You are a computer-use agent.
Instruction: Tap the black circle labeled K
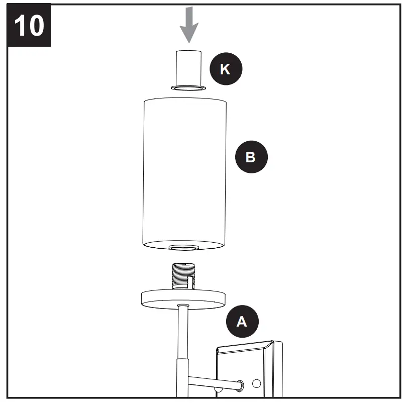pos(226,69)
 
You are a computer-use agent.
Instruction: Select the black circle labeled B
pos(251,157)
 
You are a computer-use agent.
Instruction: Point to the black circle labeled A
pos(242,322)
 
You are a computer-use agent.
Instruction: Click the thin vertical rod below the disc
pos(183,332)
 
